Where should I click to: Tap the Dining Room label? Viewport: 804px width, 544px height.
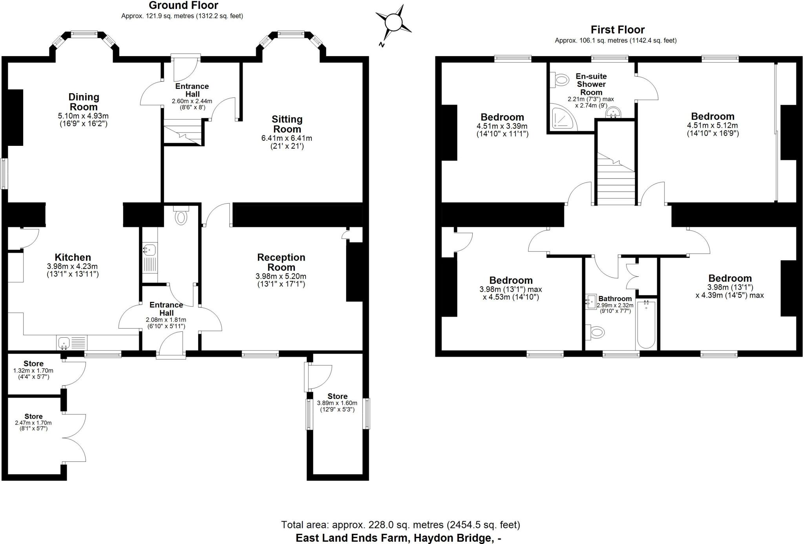[x=84, y=102]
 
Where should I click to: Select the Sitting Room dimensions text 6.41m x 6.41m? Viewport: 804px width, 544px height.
[x=287, y=138]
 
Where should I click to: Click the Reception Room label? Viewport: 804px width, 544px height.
[x=281, y=262]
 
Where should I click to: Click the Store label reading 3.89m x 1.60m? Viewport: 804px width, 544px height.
[x=337, y=396]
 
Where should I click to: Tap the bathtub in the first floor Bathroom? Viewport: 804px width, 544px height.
[x=646, y=325]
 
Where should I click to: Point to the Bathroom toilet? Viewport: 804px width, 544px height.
[x=595, y=332]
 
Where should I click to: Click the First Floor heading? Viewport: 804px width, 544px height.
[x=618, y=30]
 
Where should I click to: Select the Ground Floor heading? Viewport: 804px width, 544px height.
[x=183, y=6]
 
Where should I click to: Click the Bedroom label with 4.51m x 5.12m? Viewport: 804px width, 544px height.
[x=713, y=116]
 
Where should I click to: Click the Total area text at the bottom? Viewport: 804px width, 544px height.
[x=400, y=525]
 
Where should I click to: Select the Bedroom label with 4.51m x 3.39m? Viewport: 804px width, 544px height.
[x=502, y=117]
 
